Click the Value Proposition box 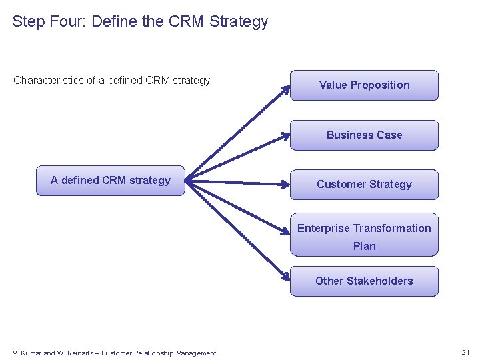(x=364, y=85)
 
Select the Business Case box (x=364, y=135)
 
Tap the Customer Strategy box (x=364, y=185)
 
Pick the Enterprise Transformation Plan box (x=364, y=235)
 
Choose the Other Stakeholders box (x=364, y=281)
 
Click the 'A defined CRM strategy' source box (x=110, y=181)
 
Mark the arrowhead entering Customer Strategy (x=285, y=184)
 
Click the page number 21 (x=465, y=352)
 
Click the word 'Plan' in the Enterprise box (x=364, y=246)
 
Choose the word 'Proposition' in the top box (x=380, y=85)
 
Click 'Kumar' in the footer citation (x=31, y=353)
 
